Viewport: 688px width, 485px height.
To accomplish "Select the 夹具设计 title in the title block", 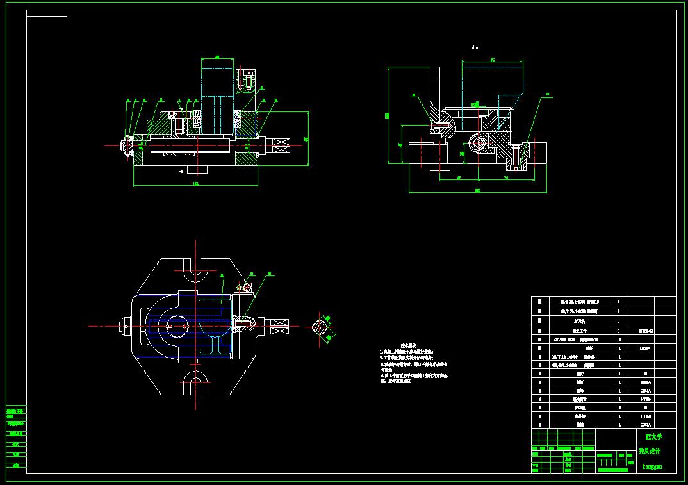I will [650, 451].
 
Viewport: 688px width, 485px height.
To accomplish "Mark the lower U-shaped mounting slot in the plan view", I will [195, 384].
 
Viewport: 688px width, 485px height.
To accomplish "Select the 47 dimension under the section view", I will [459, 178].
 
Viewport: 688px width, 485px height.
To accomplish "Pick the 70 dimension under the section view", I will [506, 178].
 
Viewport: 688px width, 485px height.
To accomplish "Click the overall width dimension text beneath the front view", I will [195, 184].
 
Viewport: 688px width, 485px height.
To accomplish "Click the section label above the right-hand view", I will [475, 47].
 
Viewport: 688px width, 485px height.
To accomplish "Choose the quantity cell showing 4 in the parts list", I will [618, 340].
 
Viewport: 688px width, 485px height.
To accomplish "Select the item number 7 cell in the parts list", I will [539, 372].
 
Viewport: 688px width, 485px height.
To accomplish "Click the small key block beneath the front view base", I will [181, 171].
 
